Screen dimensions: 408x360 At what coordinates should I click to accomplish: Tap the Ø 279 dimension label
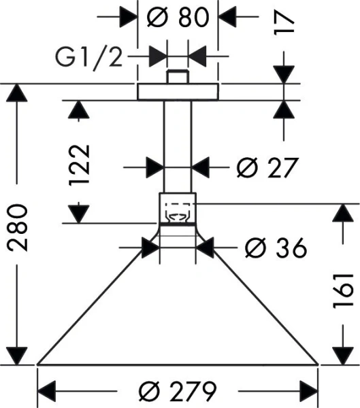pyautogui.click(x=178, y=390)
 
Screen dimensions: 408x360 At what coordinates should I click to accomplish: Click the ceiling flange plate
pyautogui.click(x=178, y=92)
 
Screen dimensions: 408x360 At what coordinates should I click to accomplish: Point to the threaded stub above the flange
pyautogui.click(x=178, y=76)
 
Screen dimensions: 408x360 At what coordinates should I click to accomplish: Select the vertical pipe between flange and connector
pyautogui.click(x=178, y=146)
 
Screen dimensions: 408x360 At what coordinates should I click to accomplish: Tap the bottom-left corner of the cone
pyautogui.click(x=37, y=364)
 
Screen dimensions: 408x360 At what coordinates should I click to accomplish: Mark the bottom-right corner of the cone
pyautogui.click(x=318, y=364)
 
